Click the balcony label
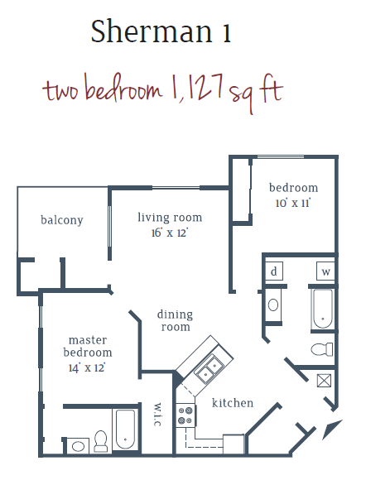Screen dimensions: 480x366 (61, 220)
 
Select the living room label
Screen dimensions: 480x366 (169, 218)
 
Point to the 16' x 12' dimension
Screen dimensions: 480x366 (169, 233)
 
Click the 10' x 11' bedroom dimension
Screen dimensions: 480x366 (293, 202)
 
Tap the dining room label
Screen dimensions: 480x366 (175, 320)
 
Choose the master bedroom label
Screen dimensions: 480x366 (88, 347)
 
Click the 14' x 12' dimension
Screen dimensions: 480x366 (87, 367)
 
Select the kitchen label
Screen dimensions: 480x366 (232, 403)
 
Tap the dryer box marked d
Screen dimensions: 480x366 (273, 271)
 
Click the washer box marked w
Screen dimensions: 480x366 (325, 271)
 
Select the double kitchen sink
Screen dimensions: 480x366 (207, 367)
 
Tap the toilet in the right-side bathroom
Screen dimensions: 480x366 (321, 349)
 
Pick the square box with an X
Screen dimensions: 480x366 (325, 382)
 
